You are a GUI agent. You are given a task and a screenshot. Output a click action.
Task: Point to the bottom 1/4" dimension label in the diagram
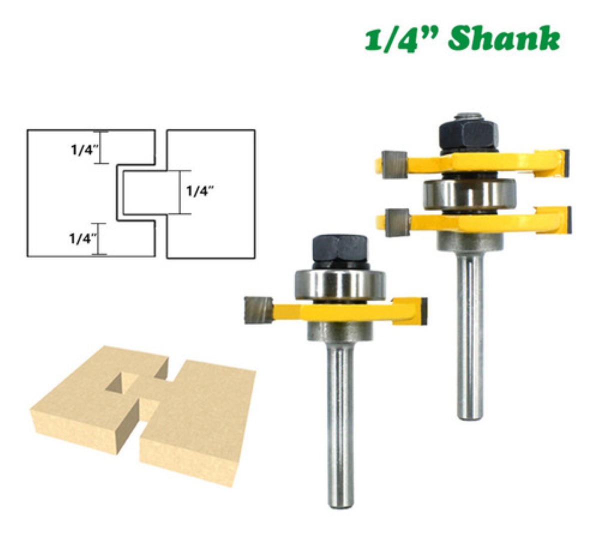82,238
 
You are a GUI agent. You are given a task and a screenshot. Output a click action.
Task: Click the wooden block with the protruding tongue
200,420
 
